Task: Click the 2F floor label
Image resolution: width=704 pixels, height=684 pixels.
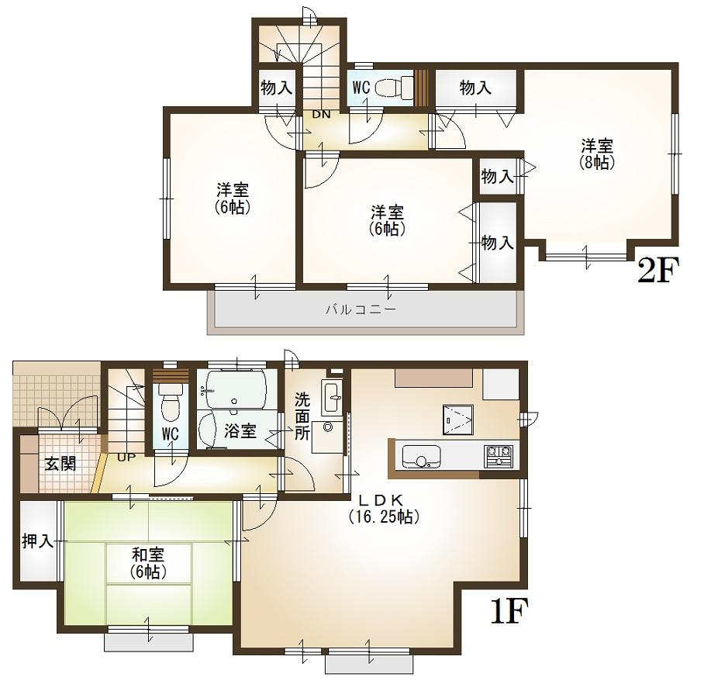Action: point(657,271)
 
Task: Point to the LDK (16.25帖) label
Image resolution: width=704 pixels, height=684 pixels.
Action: point(384,508)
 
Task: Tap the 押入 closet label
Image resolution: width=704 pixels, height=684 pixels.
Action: point(37,541)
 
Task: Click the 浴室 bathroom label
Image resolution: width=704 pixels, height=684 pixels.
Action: point(240,431)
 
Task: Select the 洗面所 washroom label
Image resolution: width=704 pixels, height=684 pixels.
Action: point(302,417)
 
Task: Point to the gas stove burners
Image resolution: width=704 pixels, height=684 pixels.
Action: point(500,455)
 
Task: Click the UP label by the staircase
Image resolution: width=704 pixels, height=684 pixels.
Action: point(124,457)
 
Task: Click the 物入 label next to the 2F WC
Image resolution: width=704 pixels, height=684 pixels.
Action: point(475,88)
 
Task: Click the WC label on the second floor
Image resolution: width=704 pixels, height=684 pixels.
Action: point(361,88)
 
